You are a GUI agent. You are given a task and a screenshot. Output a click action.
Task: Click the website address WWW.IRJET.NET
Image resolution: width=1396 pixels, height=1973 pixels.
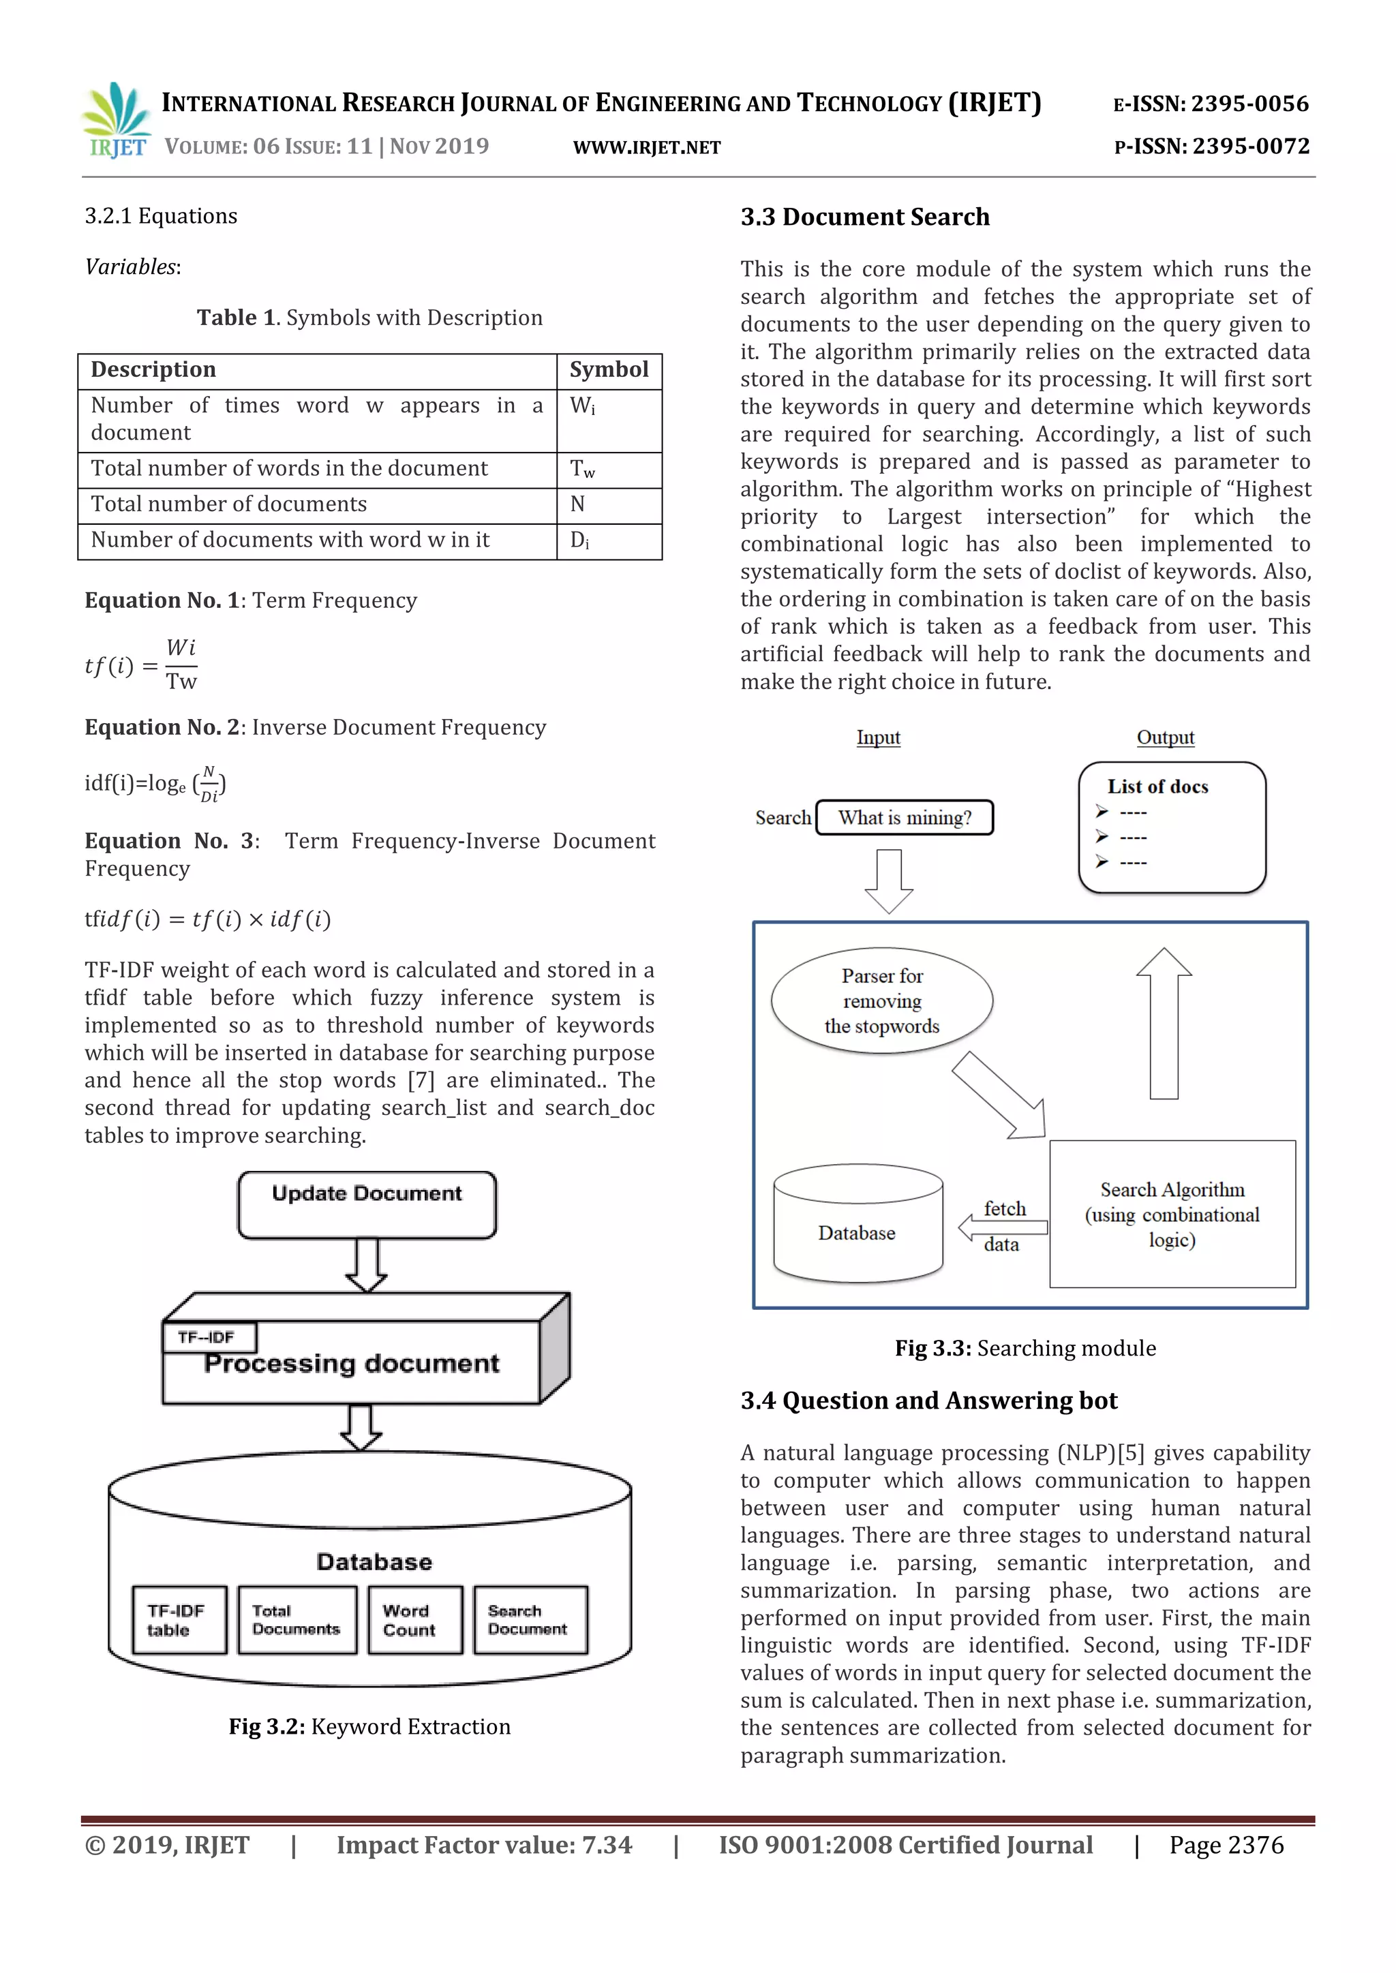tap(646, 148)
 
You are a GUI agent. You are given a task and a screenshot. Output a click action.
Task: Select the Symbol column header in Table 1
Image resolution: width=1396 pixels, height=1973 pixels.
tap(609, 370)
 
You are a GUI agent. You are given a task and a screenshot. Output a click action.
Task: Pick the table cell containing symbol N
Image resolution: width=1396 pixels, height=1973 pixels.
tap(609, 505)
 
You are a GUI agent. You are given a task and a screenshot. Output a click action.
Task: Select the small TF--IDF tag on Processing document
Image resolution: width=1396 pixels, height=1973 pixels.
tap(209, 1337)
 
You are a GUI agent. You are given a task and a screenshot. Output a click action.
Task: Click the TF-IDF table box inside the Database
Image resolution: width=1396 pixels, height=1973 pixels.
tap(179, 1620)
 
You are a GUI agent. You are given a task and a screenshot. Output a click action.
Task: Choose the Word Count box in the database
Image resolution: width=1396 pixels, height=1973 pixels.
tap(414, 1620)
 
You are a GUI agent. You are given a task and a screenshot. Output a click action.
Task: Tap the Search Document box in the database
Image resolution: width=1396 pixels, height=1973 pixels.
tap(530, 1620)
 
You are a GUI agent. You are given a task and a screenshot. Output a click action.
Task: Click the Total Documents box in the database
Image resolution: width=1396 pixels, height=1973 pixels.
tap(297, 1620)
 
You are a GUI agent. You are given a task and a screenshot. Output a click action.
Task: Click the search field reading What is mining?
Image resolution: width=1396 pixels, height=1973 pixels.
tap(905, 817)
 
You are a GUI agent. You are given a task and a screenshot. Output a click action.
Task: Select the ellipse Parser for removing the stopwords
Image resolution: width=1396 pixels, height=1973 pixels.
tap(882, 1001)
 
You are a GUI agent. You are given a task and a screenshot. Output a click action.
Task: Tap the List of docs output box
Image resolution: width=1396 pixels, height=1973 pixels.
tap(1172, 827)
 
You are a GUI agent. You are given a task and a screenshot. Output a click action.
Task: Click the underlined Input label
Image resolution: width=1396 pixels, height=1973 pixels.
tap(878, 737)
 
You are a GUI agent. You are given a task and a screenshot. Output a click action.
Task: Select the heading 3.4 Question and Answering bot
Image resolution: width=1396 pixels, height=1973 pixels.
tap(928, 1401)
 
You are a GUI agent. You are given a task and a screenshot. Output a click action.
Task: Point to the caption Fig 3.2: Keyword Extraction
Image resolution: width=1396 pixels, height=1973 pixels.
tap(369, 1726)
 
